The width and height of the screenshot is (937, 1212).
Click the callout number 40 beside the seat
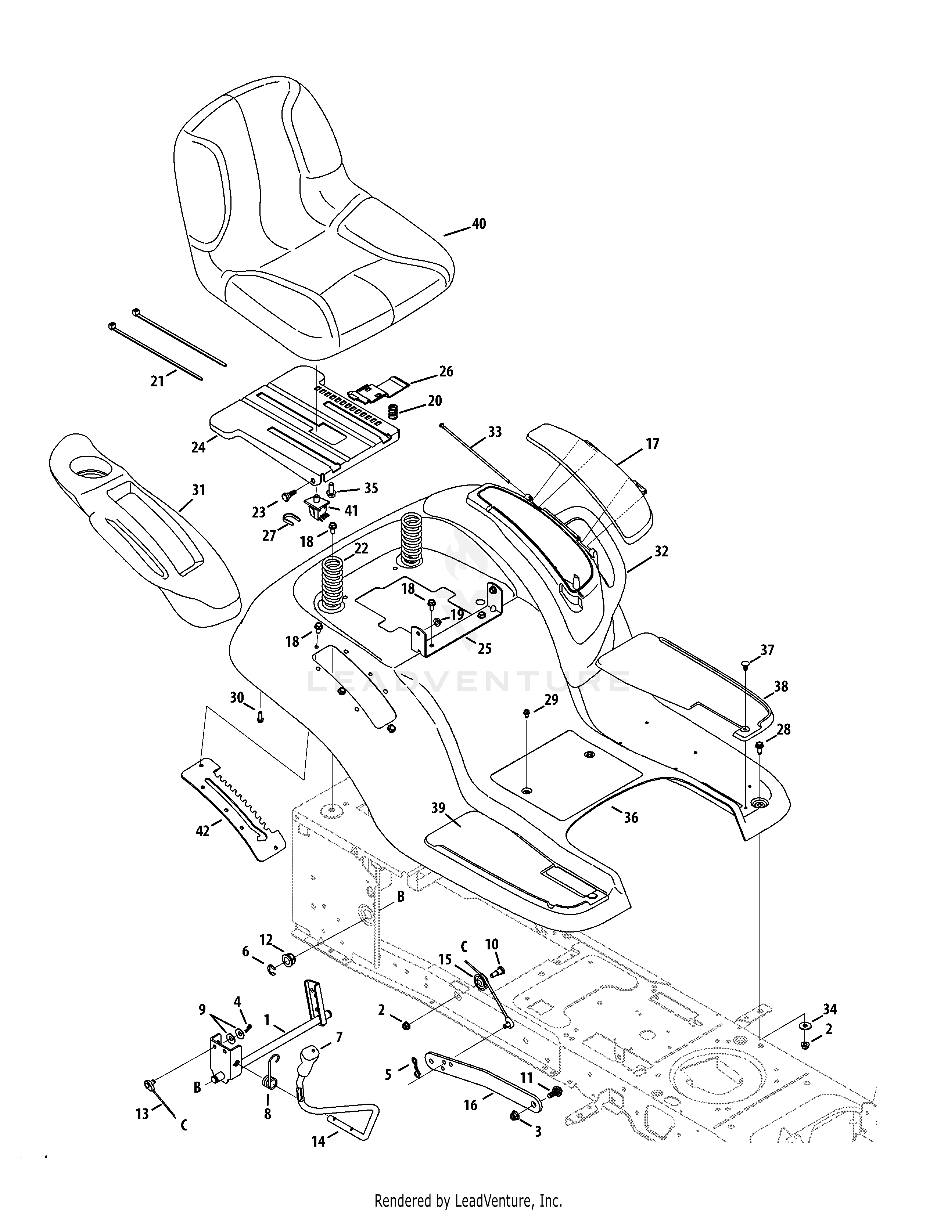click(x=478, y=224)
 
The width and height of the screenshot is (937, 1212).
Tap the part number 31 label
click(x=199, y=490)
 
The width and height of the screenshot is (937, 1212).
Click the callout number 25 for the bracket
click(x=485, y=648)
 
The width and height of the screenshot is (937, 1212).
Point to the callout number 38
click(x=781, y=686)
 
